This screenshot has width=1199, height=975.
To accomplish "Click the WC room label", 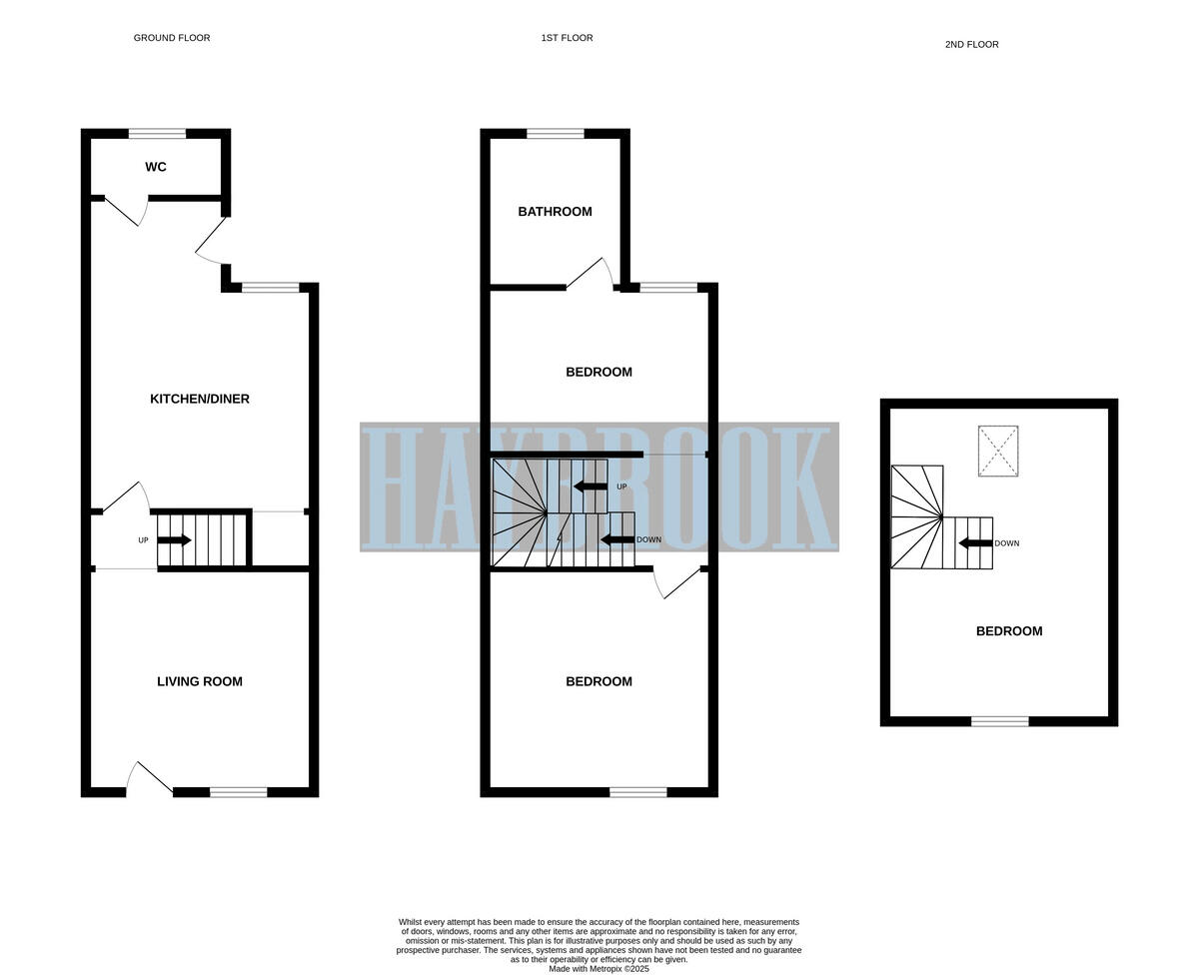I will [x=156, y=167].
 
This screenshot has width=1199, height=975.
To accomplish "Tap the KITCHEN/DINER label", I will [x=200, y=399].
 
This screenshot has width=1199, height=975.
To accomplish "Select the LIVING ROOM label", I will [x=200, y=681].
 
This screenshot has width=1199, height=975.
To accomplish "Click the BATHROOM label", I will [x=555, y=212].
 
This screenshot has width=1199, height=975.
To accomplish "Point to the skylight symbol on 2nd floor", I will [x=997, y=451].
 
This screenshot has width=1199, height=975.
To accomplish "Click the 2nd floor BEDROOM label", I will [x=1009, y=631].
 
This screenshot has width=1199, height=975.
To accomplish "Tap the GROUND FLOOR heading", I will [x=172, y=38].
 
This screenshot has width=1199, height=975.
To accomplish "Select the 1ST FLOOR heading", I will [x=567, y=38].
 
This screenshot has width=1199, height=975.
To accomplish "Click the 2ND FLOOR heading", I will [x=971, y=44].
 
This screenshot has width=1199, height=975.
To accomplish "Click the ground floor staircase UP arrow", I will [x=174, y=540].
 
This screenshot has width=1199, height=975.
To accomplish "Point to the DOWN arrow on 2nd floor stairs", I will [x=975, y=543].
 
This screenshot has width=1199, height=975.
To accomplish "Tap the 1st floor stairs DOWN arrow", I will [x=616, y=539].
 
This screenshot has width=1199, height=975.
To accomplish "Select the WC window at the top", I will [x=157, y=134].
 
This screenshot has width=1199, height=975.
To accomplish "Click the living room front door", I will [x=149, y=779].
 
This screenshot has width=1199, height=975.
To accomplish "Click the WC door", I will [x=126, y=211].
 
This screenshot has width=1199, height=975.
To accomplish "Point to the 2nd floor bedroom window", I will [x=1000, y=721].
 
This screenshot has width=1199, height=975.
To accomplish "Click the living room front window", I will [x=238, y=792].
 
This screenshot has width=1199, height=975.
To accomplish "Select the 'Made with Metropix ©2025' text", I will [x=599, y=969].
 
